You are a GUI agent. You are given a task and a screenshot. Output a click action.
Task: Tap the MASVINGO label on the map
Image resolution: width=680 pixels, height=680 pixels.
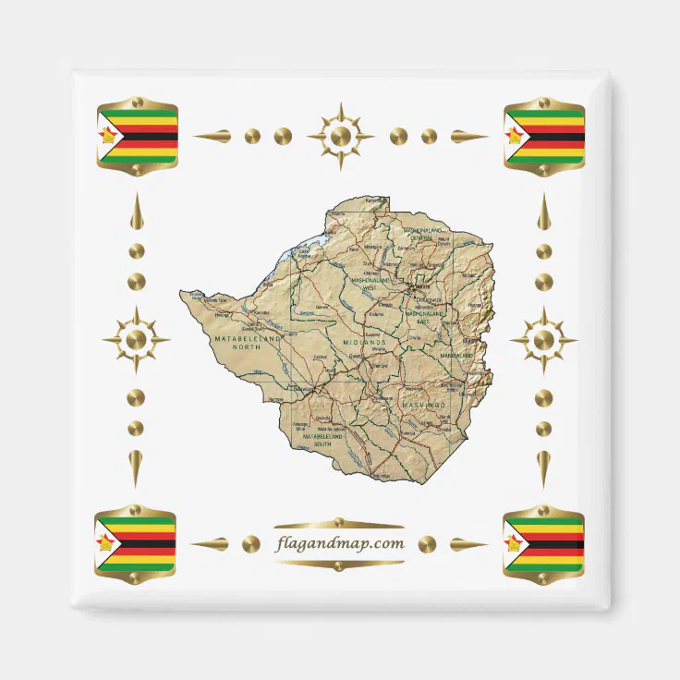(424, 404)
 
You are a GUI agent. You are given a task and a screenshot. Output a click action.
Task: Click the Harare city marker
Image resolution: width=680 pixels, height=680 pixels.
(412, 287)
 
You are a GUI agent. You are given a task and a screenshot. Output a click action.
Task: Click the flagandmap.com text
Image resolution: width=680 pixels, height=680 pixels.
(340, 543)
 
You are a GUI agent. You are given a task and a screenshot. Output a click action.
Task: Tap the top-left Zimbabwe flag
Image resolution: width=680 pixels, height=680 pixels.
(138, 137)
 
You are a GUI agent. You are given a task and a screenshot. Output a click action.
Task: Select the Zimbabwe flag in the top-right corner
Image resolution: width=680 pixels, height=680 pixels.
(544, 137)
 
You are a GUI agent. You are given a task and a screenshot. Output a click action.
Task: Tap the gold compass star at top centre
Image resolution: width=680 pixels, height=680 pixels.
(340, 137)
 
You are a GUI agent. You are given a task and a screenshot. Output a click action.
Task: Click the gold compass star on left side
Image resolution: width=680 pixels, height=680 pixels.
(136, 340)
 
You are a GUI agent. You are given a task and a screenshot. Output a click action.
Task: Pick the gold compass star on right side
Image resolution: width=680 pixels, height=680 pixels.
(544, 340)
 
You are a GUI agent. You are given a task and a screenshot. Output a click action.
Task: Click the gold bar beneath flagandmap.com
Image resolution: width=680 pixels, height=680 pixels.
(340, 563)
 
